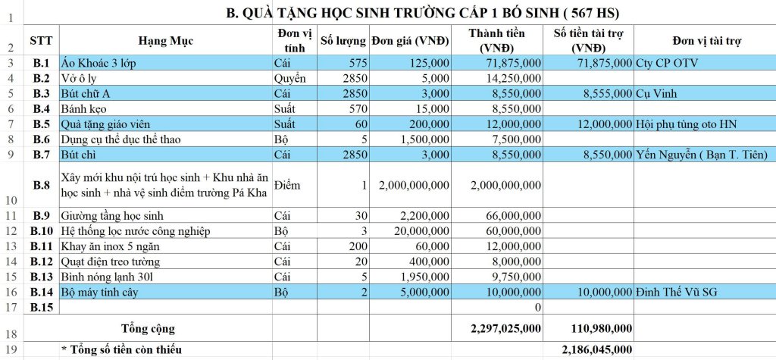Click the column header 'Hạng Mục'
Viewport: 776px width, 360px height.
point(166,41)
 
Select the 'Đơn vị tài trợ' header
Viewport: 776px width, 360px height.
point(704,41)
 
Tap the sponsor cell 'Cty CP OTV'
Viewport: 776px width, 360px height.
point(667,63)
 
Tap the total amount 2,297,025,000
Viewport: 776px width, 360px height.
point(505,328)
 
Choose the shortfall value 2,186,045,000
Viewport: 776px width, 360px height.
point(596,349)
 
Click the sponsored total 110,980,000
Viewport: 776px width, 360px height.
point(599,328)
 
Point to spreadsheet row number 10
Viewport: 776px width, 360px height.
point(10,201)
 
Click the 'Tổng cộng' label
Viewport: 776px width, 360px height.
point(149,328)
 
